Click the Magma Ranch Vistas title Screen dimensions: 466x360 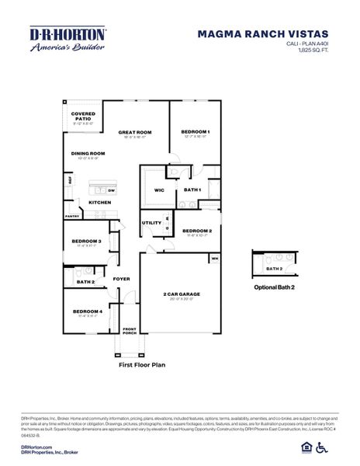[x=263, y=34]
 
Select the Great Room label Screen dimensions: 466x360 [x=133, y=132]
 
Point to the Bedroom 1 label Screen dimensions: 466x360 [x=196, y=132]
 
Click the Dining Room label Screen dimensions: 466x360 [x=88, y=153]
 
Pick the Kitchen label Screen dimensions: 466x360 [x=99, y=203]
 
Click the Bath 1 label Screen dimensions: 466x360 [x=192, y=190]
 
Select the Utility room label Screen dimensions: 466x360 [x=151, y=224]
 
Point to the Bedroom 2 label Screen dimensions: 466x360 [x=197, y=231]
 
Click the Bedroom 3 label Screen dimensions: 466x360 [x=87, y=242]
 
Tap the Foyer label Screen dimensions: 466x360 [x=122, y=278]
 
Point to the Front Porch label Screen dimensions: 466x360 [x=129, y=331]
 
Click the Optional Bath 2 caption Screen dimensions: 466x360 [x=274, y=287]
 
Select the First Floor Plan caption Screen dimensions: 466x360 [x=141, y=363]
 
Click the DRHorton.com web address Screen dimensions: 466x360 [x=36, y=447]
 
